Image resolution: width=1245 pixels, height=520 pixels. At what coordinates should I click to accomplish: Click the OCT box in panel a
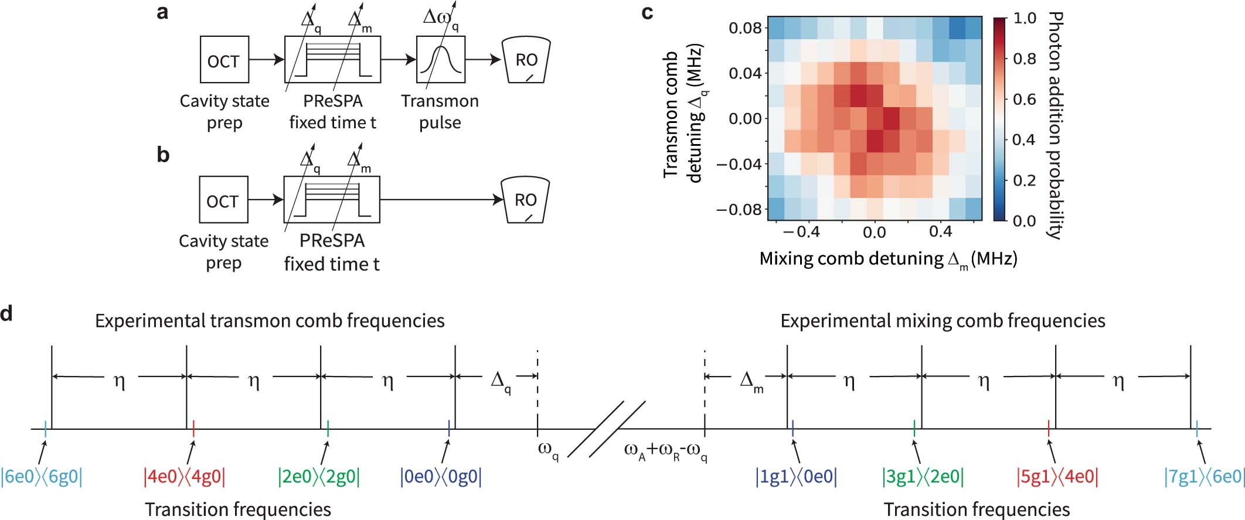point(224,60)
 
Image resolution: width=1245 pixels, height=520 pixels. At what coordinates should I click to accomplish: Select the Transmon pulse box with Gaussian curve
point(440,60)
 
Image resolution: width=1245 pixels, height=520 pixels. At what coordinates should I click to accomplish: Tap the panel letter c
point(647,12)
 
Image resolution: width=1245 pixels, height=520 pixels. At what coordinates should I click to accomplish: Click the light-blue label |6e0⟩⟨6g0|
point(42,477)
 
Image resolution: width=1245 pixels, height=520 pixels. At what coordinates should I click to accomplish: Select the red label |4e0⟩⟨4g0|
point(185,477)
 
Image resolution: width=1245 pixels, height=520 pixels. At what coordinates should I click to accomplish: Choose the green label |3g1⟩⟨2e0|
point(923,477)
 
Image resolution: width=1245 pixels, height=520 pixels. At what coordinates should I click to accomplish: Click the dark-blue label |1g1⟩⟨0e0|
point(796,477)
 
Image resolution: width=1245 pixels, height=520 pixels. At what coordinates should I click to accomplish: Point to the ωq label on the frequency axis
point(547,451)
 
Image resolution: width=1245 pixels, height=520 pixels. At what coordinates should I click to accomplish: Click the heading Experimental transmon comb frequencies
point(270,321)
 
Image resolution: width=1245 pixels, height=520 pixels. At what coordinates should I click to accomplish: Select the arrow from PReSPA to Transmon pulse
point(399,60)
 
